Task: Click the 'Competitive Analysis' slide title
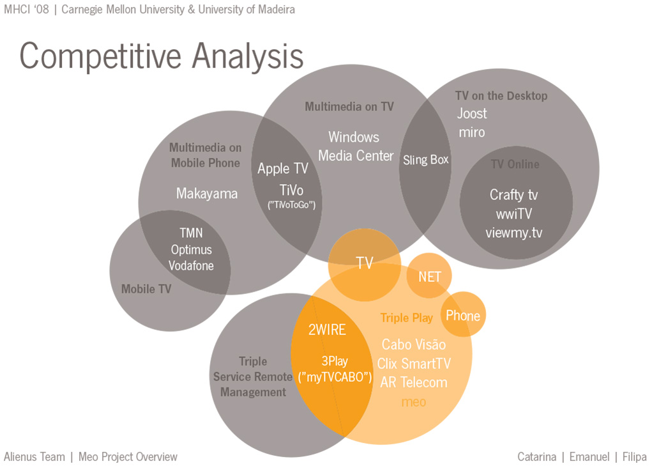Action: (162, 57)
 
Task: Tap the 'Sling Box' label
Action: (426, 160)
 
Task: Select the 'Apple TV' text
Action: (283, 168)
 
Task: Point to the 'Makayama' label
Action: (207, 193)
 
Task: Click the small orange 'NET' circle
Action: (429, 276)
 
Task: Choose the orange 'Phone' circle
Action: (464, 314)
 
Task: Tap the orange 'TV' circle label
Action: (364, 263)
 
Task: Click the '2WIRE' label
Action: (327, 330)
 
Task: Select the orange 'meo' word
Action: (414, 402)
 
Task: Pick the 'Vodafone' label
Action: (191, 265)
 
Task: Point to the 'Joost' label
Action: (472, 113)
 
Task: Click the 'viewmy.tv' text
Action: (514, 233)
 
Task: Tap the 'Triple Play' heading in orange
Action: (407, 318)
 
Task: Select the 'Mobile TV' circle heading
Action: (146, 289)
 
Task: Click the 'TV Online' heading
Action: (515, 164)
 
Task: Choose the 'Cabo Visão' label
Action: (414, 345)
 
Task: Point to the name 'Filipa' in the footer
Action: (634, 457)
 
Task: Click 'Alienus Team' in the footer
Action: (34, 457)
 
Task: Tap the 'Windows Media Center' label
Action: (355, 146)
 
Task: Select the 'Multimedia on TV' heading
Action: (349, 107)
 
